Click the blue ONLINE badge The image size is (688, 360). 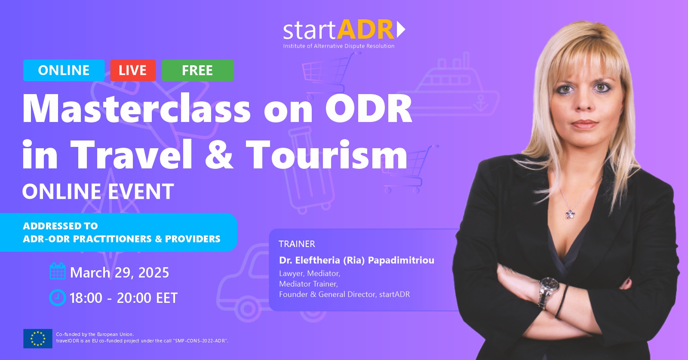[64, 70]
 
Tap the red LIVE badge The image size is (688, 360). [133, 70]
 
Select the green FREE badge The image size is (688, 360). [198, 70]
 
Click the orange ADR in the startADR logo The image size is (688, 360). [365, 30]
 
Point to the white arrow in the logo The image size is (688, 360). [401, 30]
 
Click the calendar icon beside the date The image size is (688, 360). [58, 271]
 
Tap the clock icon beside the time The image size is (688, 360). [58, 297]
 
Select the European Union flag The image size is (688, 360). [38, 339]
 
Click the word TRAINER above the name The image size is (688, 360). [297, 244]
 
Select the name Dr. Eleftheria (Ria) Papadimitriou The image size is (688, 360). [356, 260]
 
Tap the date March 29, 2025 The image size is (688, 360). [120, 272]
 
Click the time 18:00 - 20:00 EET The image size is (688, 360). [123, 298]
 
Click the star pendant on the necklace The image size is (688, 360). [570, 214]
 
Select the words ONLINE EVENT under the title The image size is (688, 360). [98, 192]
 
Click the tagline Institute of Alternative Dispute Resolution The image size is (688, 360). [339, 46]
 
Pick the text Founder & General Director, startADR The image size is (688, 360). [344, 294]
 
